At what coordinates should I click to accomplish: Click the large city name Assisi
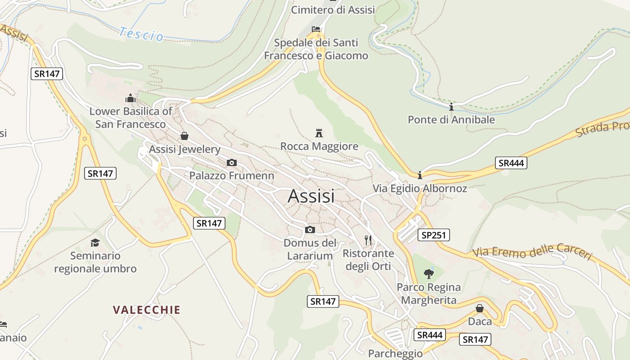(x=311, y=196)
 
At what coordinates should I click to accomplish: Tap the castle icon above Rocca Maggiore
(x=319, y=133)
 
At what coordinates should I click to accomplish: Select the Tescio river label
(x=141, y=34)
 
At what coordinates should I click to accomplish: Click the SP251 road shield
(x=433, y=234)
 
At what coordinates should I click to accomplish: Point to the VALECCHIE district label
(x=147, y=310)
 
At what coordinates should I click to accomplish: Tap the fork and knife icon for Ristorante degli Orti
(x=368, y=240)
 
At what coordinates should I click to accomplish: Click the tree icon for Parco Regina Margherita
(x=428, y=273)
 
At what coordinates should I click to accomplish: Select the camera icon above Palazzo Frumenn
(x=231, y=162)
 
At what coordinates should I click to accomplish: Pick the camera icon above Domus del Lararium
(x=310, y=229)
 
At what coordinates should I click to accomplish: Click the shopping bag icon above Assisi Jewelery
(x=184, y=135)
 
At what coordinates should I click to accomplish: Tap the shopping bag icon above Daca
(x=480, y=308)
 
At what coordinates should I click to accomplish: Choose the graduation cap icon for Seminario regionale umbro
(x=95, y=243)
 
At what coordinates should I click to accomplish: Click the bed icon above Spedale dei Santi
(x=316, y=29)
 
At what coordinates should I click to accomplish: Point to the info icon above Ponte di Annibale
(x=451, y=107)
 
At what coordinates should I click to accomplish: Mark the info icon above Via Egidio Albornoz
(x=420, y=175)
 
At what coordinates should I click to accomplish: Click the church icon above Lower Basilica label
(x=130, y=98)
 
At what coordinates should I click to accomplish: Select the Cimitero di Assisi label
(x=333, y=9)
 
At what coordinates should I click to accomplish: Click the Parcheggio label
(x=395, y=353)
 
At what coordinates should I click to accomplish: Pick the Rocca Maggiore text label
(x=319, y=146)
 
